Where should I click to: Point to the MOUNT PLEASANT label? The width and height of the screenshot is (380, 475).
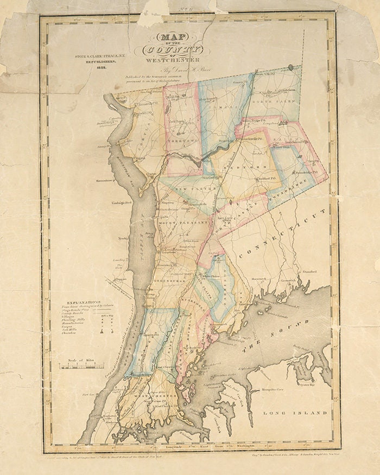pos(176,223)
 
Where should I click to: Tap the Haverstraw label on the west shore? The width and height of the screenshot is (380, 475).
pos(105,181)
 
